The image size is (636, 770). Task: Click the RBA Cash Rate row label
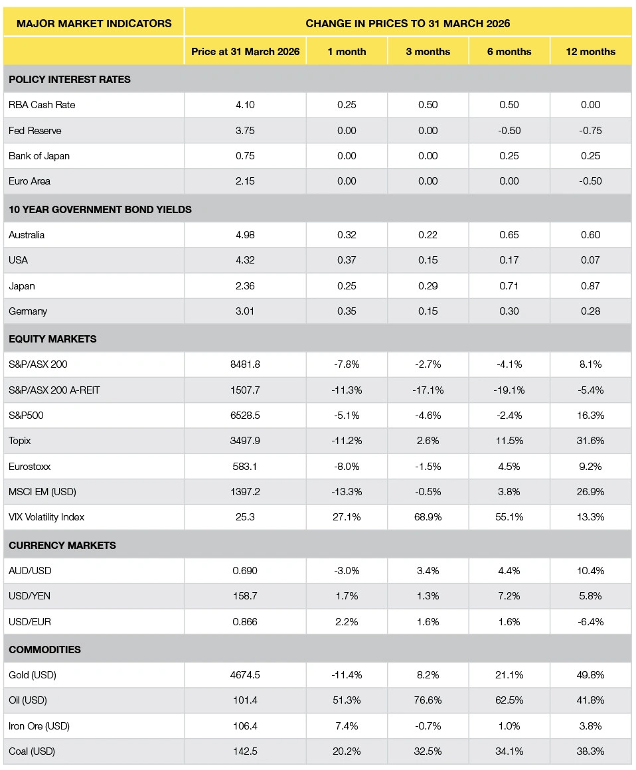(x=42, y=105)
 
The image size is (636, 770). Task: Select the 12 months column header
(x=590, y=52)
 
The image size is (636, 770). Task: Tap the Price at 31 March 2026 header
(x=245, y=52)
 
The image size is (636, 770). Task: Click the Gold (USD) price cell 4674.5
(x=245, y=674)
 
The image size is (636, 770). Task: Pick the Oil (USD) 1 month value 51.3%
(x=347, y=700)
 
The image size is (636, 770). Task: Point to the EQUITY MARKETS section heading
(x=52, y=339)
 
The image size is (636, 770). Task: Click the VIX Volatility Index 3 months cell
(x=428, y=517)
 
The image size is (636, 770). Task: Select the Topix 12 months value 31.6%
(x=590, y=441)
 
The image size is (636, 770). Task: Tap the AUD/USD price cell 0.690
(x=245, y=571)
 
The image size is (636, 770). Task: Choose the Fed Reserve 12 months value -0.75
(x=590, y=131)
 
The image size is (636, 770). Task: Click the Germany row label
(x=28, y=311)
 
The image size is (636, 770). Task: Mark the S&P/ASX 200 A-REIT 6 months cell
(x=509, y=390)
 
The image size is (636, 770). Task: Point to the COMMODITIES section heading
(x=44, y=649)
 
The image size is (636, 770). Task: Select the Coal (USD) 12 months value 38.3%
(x=590, y=751)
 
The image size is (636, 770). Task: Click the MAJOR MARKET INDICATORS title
(x=94, y=23)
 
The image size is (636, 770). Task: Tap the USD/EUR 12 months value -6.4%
(x=590, y=622)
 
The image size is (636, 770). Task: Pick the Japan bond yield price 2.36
(x=245, y=286)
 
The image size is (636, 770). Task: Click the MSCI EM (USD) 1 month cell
(x=347, y=492)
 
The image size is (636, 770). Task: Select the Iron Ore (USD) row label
(x=39, y=726)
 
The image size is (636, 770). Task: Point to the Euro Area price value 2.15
(x=245, y=181)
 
